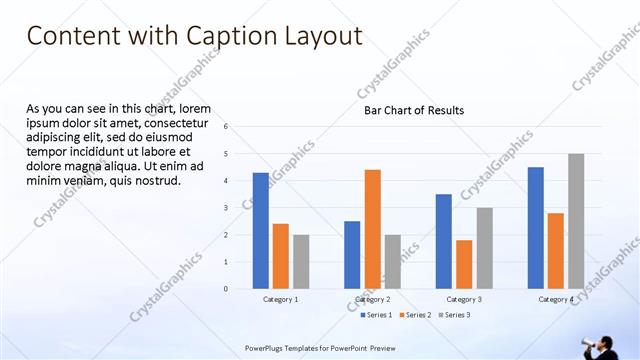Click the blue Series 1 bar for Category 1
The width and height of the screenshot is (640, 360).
point(261,231)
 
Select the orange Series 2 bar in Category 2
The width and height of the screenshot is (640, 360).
point(372,229)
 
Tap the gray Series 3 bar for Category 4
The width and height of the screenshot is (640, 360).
point(576,221)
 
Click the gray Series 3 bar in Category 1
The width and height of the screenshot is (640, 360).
point(301,262)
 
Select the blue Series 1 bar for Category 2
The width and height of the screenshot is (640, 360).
point(352,255)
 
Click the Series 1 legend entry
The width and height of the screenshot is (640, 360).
point(375,315)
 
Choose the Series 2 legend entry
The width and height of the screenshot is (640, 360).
point(414,315)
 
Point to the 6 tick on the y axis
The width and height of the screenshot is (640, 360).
point(226,127)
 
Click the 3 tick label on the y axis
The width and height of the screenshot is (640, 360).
point(226,208)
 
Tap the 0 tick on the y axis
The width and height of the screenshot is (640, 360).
point(226,289)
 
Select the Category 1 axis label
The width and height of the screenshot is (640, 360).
point(281,299)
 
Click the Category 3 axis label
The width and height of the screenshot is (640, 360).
point(464,299)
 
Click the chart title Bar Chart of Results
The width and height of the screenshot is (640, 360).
point(413,110)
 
